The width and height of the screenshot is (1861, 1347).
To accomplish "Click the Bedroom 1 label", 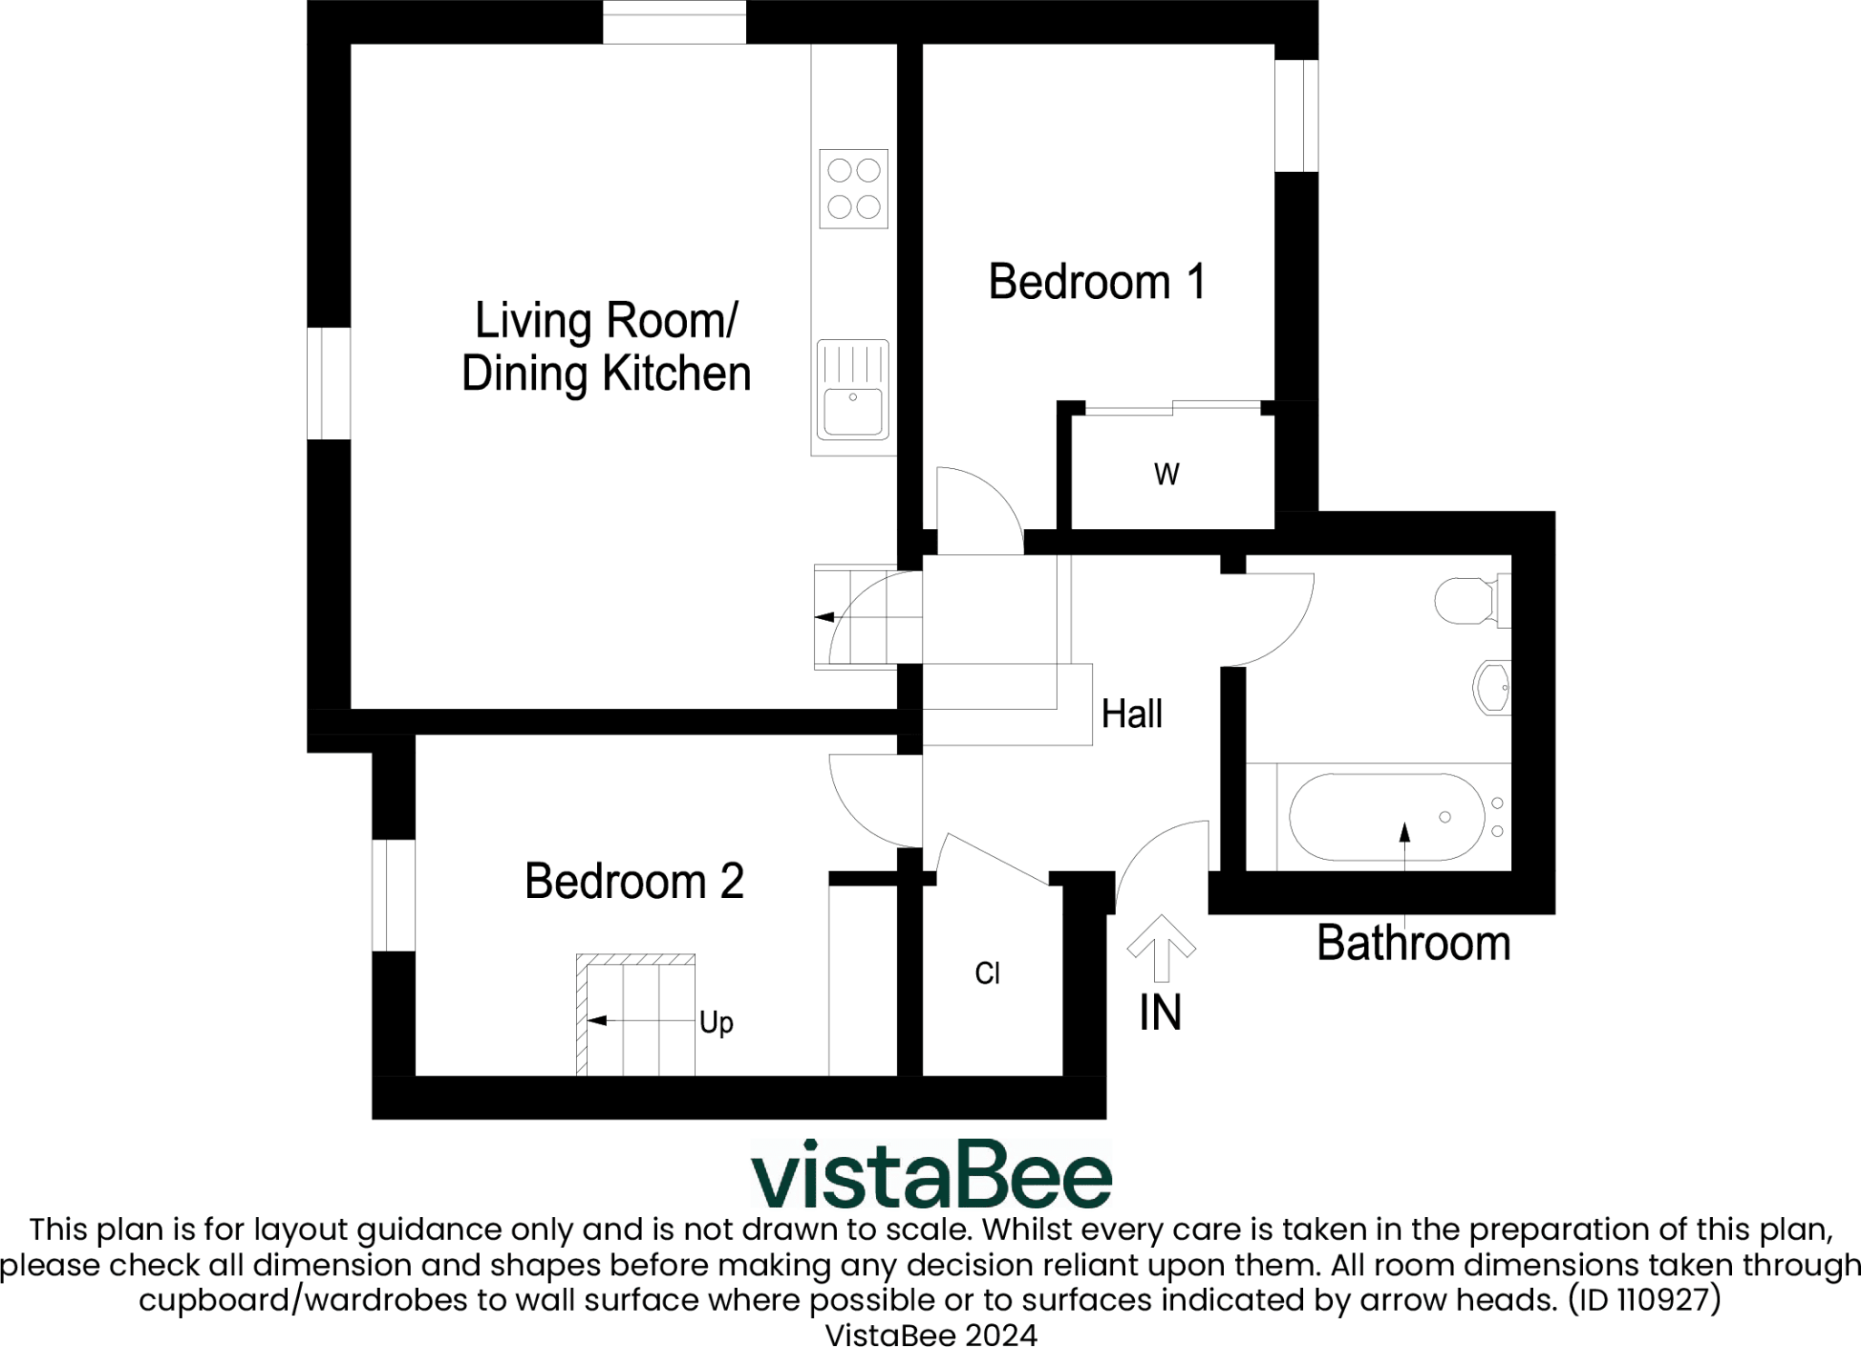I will coord(1097,282).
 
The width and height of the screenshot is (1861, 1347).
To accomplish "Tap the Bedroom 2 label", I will coord(634,881).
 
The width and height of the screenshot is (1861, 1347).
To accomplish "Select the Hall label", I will coord(1131,714).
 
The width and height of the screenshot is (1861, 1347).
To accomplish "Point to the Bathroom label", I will coord(1413,943).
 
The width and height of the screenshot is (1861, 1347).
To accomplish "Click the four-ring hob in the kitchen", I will coord(853,189).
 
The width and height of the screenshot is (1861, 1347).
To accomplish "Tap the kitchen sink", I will coord(852,388).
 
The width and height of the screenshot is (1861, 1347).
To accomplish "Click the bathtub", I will coord(1386,817).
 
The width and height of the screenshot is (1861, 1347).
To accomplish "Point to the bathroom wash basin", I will coord(1491,687).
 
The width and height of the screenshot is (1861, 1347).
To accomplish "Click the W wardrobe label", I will coord(1167,474).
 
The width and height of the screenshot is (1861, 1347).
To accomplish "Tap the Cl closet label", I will coord(987,974).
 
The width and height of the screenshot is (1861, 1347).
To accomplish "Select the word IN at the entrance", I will coord(1160,1013).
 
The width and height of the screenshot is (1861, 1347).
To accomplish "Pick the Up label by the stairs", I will coord(716,1023).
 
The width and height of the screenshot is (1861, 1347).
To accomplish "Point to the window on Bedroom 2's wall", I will coord(393,895).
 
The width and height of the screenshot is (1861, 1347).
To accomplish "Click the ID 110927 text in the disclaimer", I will coord(1644,1300).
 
